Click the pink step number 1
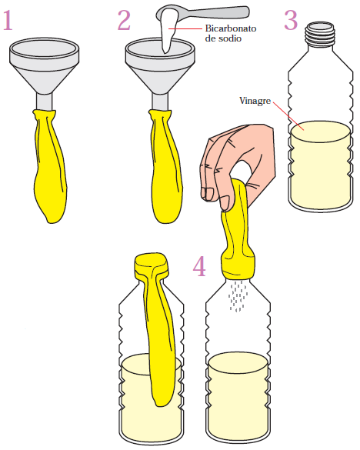8,20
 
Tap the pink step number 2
124,20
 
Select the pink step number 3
291,20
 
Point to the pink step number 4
199,266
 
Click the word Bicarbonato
231,28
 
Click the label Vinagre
255,101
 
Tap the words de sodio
223,38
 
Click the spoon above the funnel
202,12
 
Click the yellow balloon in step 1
49,166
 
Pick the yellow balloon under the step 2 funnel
165,166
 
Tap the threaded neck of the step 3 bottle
320,35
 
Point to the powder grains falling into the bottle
238,296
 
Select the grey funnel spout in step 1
44,102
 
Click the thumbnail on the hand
225,202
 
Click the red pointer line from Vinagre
288,115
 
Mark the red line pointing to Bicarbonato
185,28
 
